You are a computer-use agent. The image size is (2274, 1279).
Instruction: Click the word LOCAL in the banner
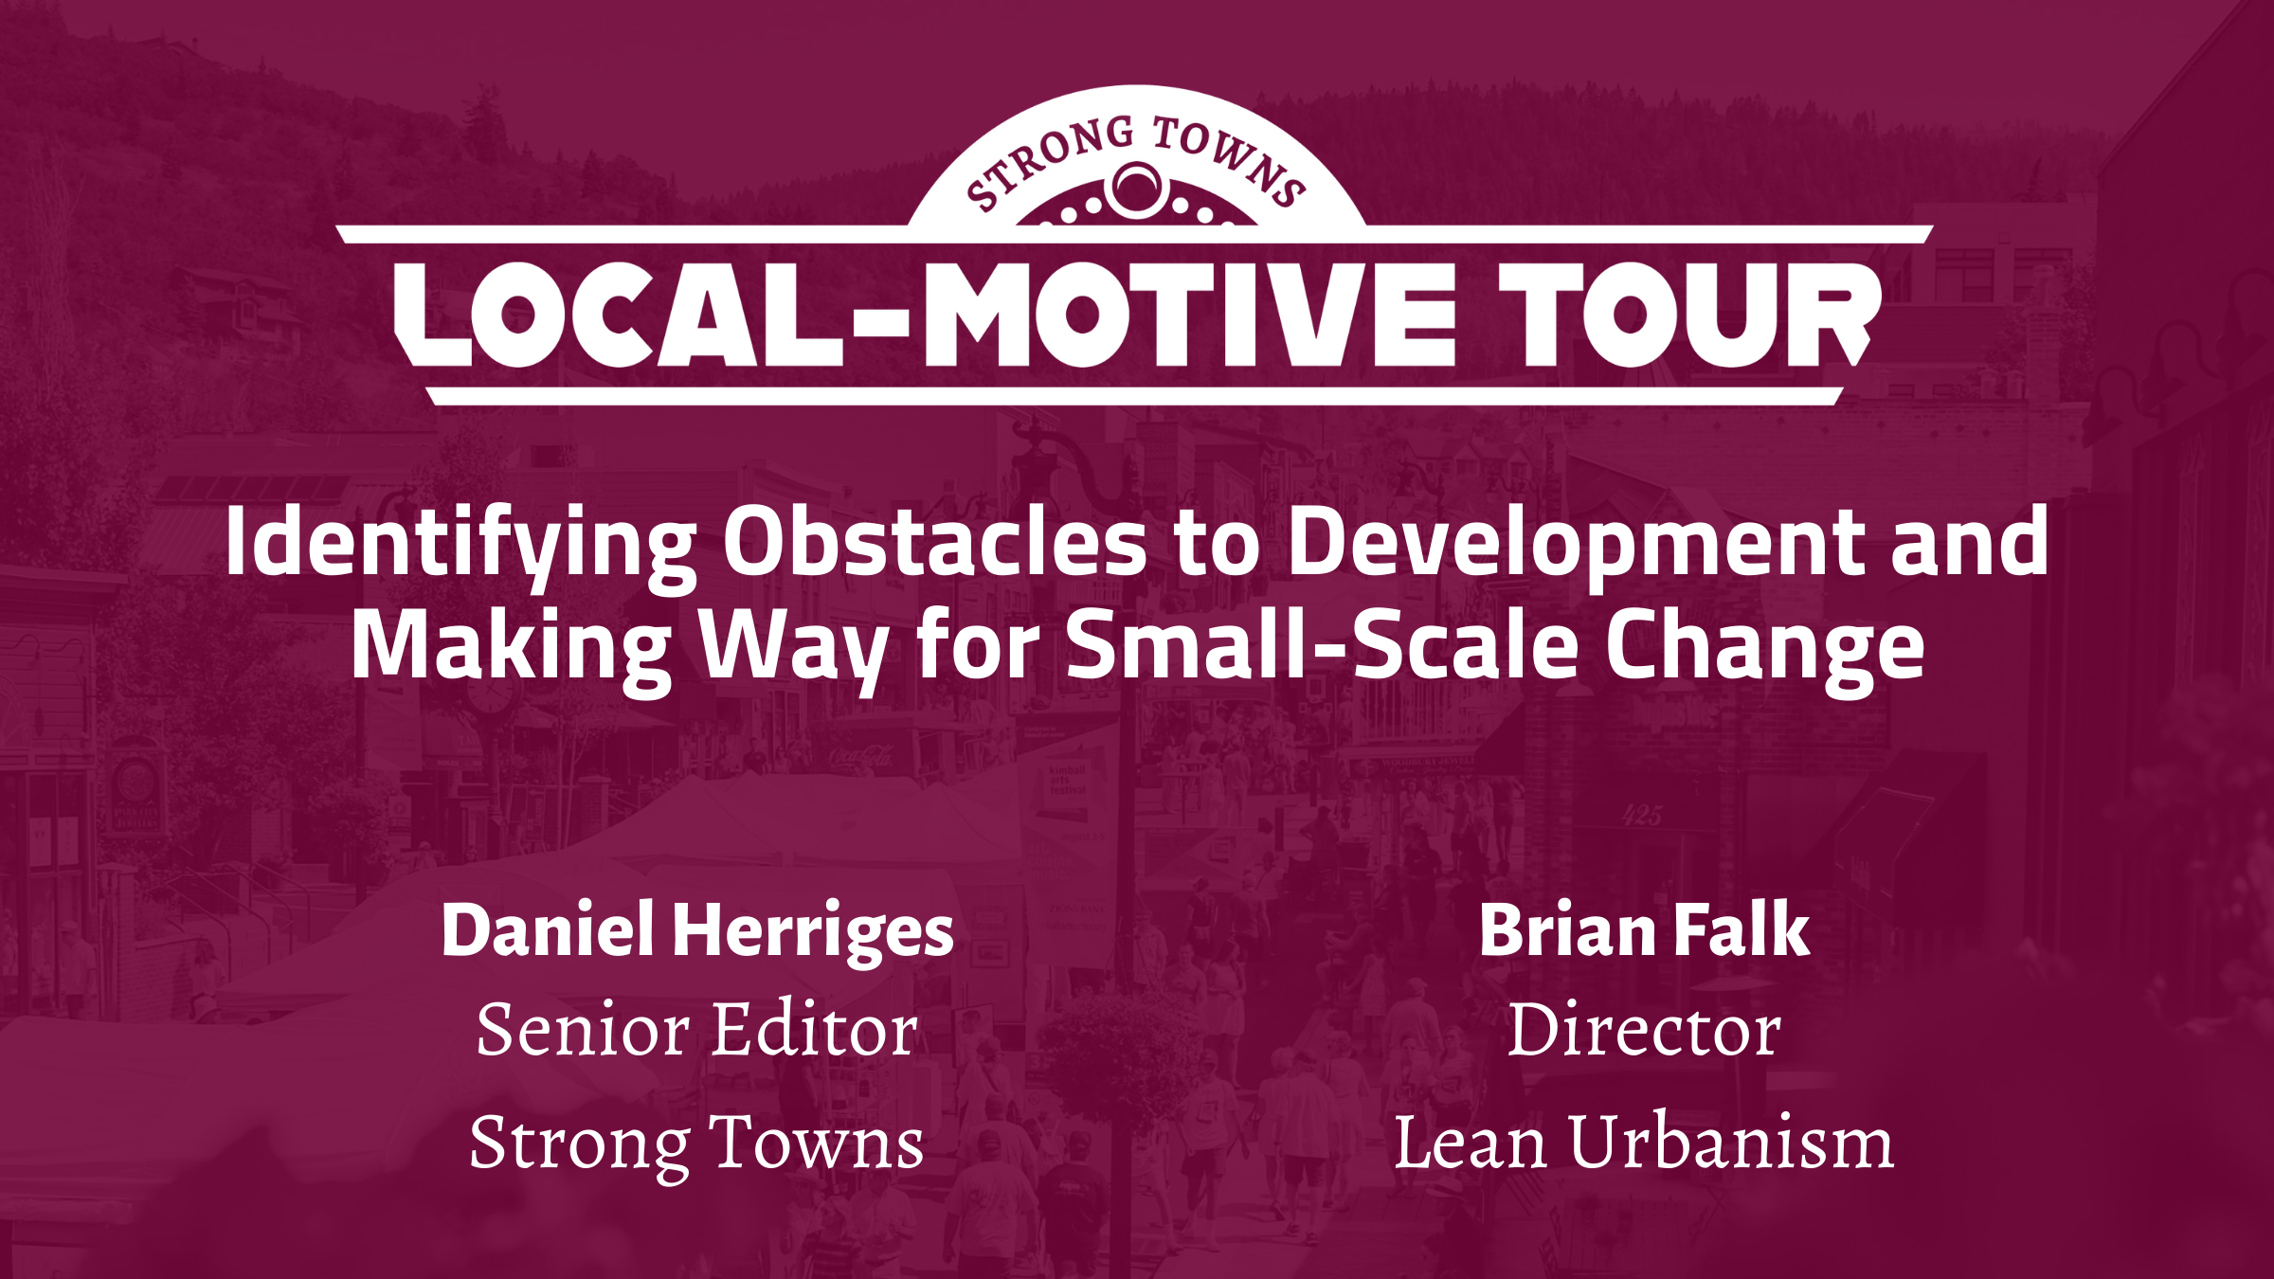point(618,315)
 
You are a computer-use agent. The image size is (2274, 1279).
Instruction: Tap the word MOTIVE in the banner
point(1189,315)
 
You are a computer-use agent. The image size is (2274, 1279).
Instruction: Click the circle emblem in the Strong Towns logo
point(1137,189)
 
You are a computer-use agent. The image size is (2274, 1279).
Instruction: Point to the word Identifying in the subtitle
point(460,542)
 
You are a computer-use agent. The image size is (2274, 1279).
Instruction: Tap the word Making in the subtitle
point(512,646)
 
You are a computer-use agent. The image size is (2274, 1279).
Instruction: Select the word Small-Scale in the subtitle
point(1322,646)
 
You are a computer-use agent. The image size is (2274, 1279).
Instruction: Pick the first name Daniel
point(548,931)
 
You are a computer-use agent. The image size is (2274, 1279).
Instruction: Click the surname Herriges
point(813,931)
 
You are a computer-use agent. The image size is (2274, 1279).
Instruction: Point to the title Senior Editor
point(697,1031)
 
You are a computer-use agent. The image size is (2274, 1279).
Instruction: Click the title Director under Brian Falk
point(1644,1031)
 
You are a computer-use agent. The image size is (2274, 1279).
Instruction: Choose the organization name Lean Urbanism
point(1644,1143)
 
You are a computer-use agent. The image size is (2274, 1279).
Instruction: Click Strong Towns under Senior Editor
point(697,1143)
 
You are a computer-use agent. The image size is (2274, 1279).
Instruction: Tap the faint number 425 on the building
point(1642,816)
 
